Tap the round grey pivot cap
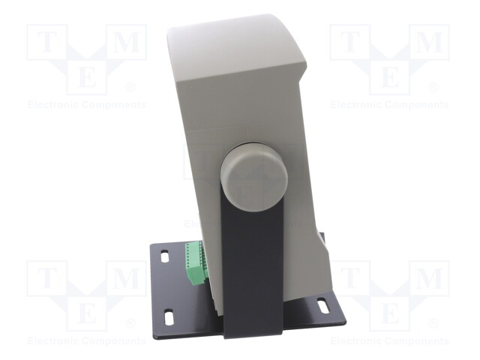point(254,176)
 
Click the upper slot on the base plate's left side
point(164,256)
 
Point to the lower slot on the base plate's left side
point(169,316)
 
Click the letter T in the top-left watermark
point(46,42)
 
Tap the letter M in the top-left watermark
point(126,42)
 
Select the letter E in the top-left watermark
point(87,76)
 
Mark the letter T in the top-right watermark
point(350,42)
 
